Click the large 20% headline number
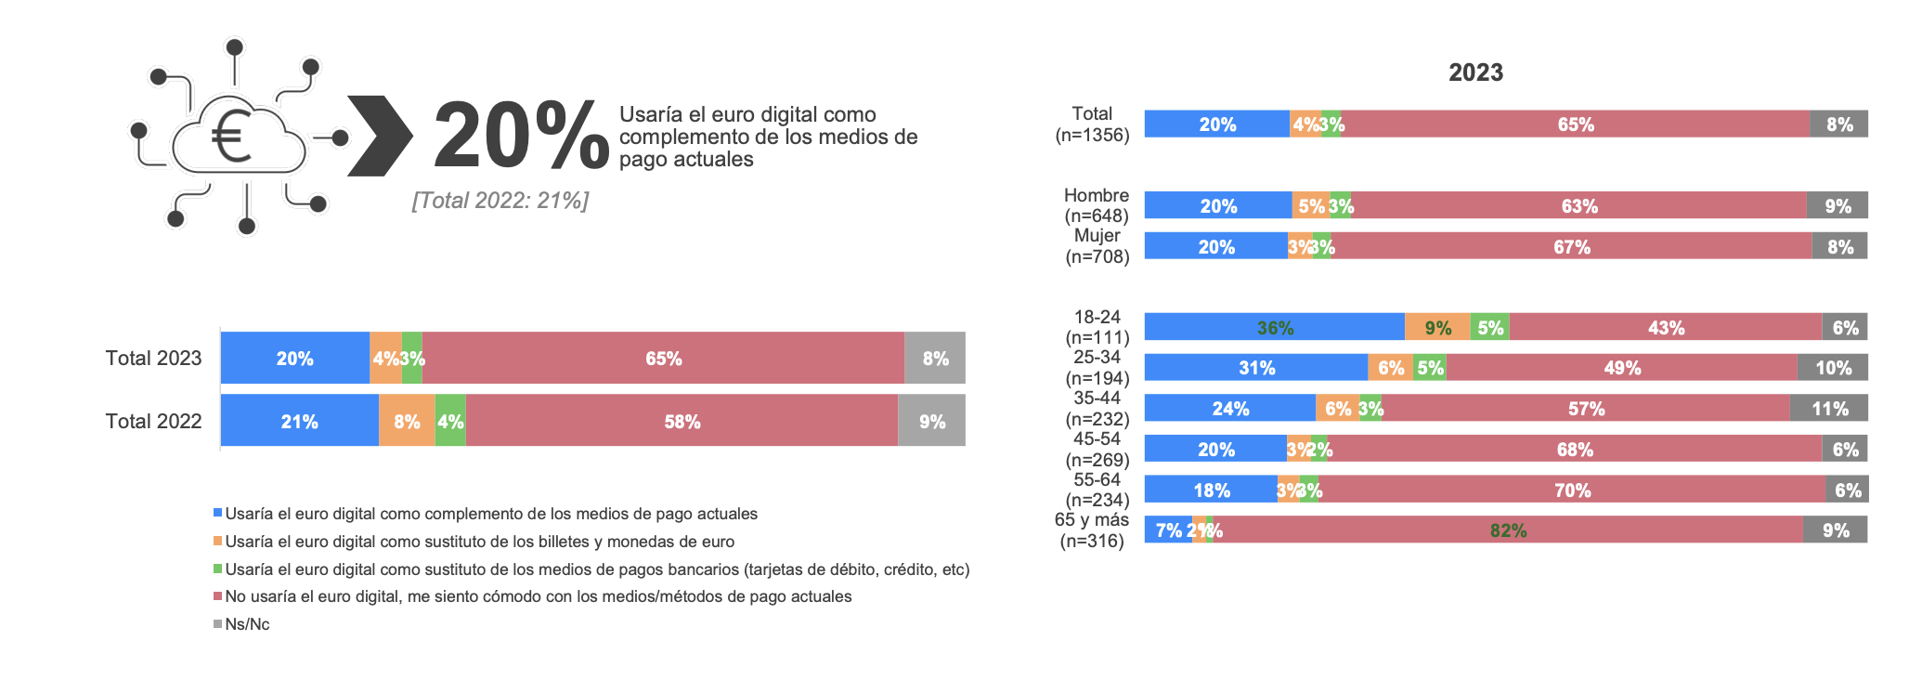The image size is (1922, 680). (520, 137)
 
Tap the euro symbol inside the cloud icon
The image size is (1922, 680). (232, 137)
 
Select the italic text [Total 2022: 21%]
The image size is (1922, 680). (500, 201)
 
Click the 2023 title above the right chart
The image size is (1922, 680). (1475, 72)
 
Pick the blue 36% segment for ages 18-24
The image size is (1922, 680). (1274, 327)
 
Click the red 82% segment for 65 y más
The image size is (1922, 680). (1508, 530)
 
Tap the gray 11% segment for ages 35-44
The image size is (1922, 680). (1828, 409)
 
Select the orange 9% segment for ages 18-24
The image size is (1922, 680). (1437, 327)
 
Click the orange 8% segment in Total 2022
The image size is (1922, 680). (407, 421)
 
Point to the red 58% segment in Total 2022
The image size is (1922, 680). (682, 421)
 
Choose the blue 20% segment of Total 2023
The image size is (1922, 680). (294, 358)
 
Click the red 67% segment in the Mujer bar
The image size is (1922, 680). (1571, 246)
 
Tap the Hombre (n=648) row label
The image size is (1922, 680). (1096, 205)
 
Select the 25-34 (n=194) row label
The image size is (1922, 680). (1097, 368)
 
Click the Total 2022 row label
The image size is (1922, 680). (153, 421)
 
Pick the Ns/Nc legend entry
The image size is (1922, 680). (247, 624)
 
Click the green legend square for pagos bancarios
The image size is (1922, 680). (218, 569)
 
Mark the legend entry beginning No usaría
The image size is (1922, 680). (538, 596)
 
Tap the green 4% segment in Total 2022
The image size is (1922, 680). (450, 421)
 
